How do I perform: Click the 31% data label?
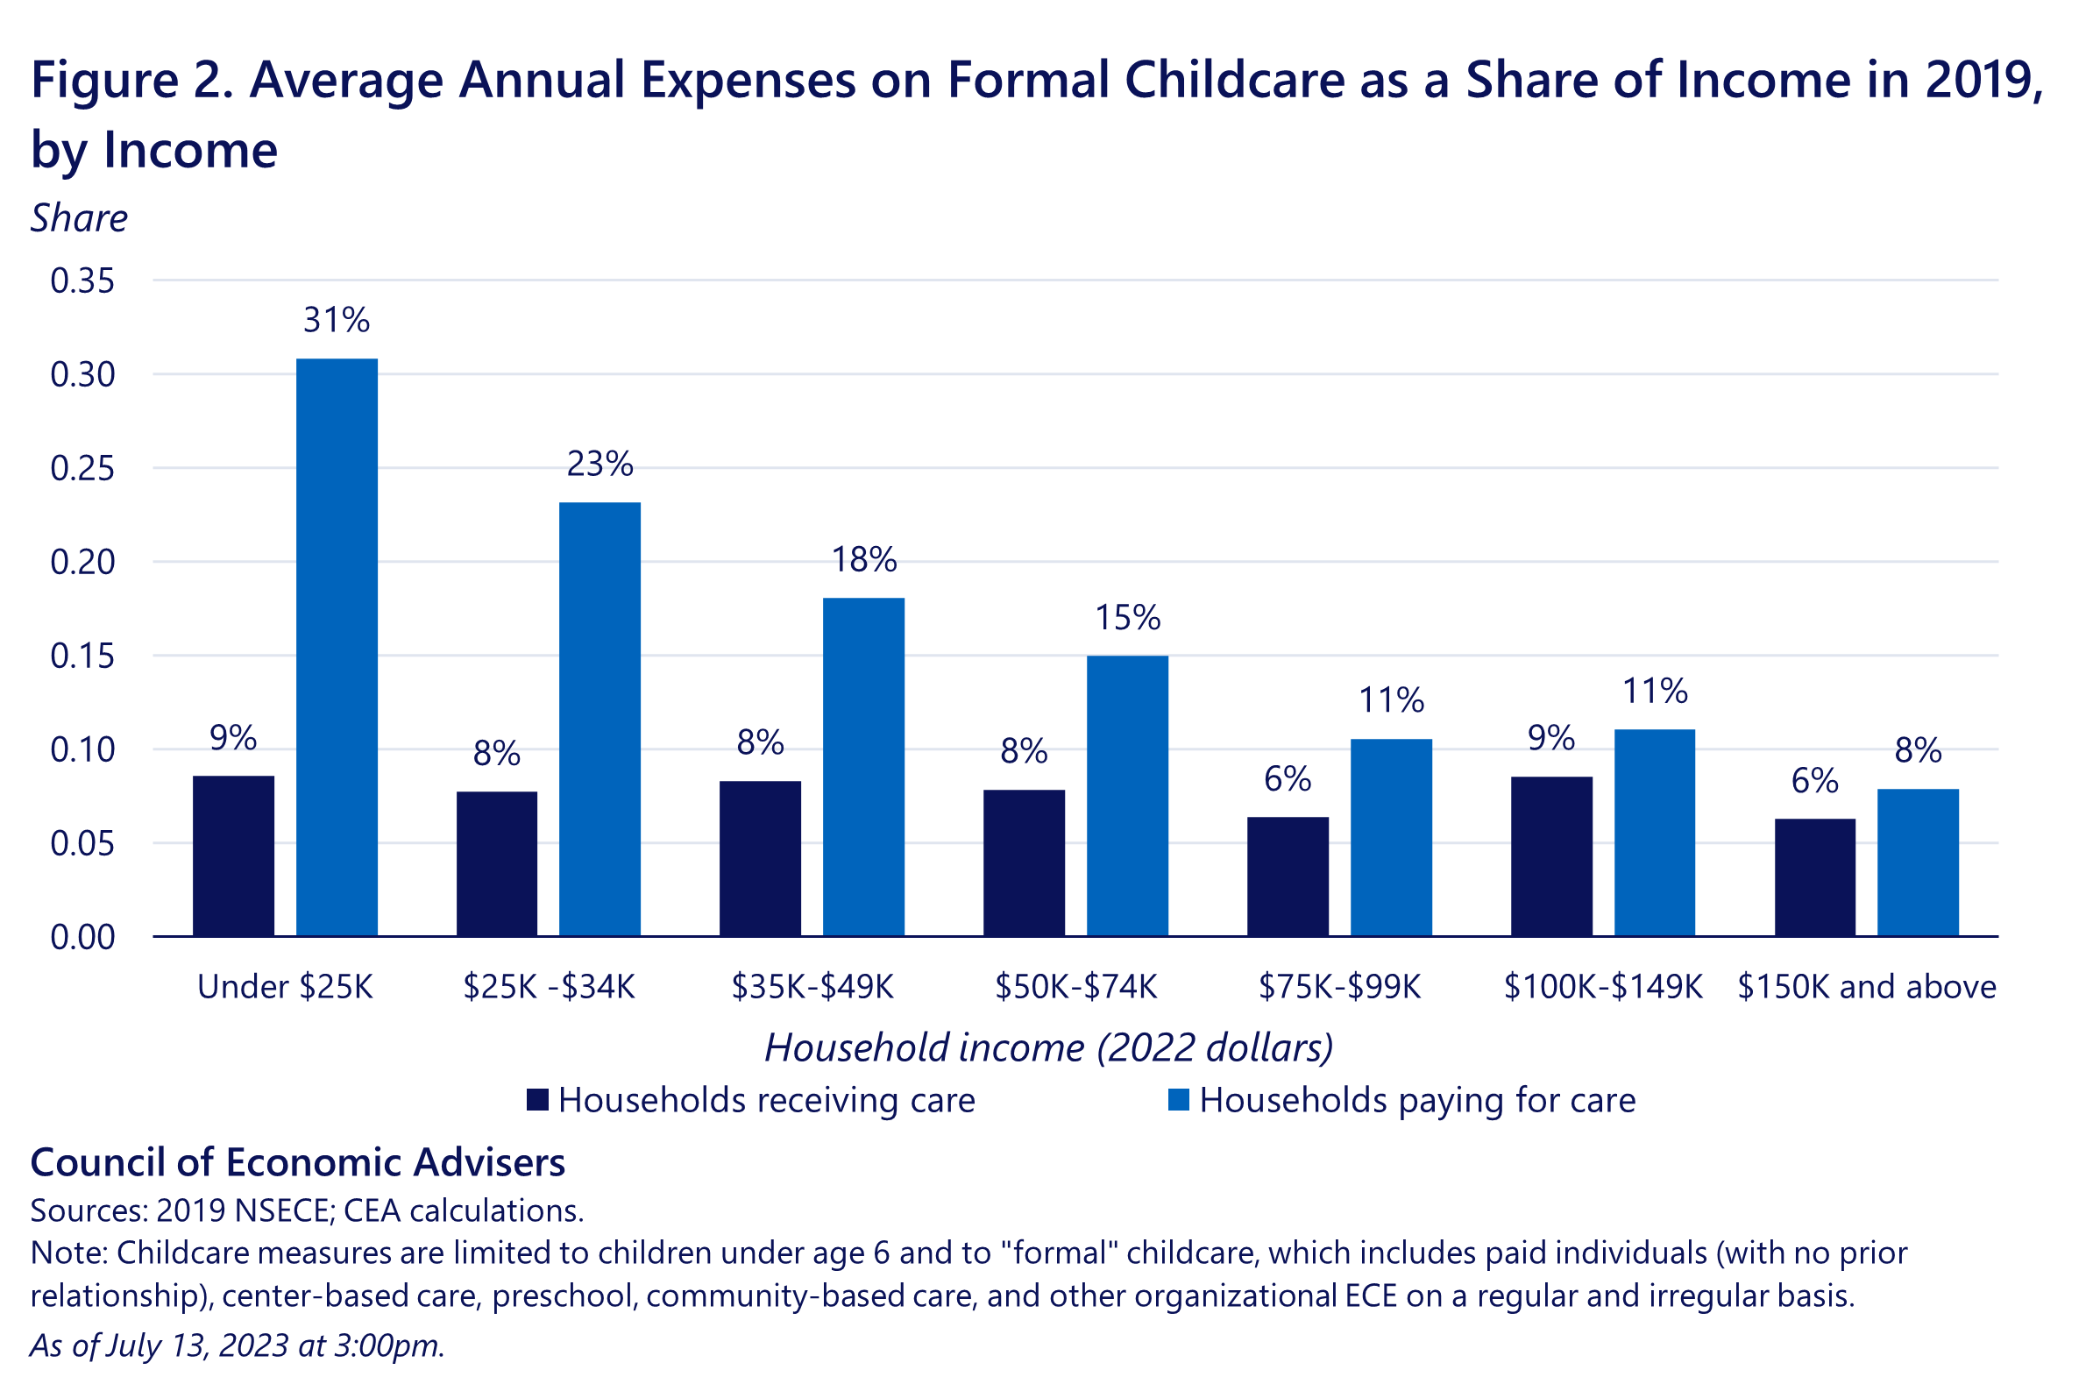(337, 320)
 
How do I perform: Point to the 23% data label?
(600, 464)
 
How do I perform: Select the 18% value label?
(864, 559)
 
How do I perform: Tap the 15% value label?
(1127, 617)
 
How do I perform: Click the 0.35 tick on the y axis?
(82, 280)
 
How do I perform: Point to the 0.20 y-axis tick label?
(82, 561)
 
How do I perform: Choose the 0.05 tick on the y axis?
(82, 843)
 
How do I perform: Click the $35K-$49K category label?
(812, 986)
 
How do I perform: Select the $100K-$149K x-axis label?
(1602, 986)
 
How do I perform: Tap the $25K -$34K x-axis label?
(549, 986)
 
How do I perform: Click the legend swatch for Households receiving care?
(537, 1100)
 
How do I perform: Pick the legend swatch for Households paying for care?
(1178, 1100)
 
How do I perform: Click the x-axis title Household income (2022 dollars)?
(1047, 1047)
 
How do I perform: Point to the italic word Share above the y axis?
(79, 218)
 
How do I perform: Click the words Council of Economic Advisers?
(297, 1162)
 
